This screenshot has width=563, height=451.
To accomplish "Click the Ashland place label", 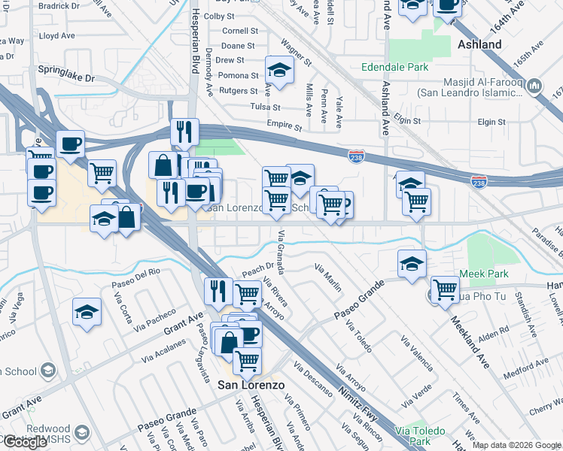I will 479,45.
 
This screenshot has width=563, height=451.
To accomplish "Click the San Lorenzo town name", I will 251,385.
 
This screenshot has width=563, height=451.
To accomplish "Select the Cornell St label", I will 240,32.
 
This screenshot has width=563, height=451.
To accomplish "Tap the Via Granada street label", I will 281,247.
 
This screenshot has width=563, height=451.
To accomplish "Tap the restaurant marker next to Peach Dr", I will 218,289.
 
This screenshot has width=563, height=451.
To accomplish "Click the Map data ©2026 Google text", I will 516,445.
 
